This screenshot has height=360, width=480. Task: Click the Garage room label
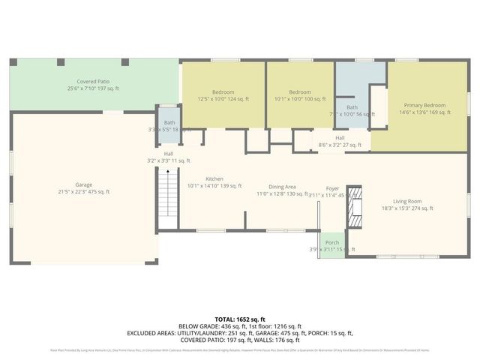coord(83,184)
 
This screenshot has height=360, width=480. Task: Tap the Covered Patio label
coord(94,81)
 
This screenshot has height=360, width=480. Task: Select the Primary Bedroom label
coord(424,105)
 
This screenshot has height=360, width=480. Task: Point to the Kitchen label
coord(214,178)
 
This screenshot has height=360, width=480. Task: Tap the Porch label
coord(332,242)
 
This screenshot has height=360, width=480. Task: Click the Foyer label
coord(332,188)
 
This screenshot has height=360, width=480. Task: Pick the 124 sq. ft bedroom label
coord(223,91)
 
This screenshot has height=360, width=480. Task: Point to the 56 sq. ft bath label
coord(352,107)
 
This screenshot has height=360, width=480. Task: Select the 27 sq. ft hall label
coord(340,138)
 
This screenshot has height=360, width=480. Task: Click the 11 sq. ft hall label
coord(169,154)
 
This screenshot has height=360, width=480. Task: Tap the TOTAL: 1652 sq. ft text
coord(240,319)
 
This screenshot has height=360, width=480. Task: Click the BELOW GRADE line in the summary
coord(240,326)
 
